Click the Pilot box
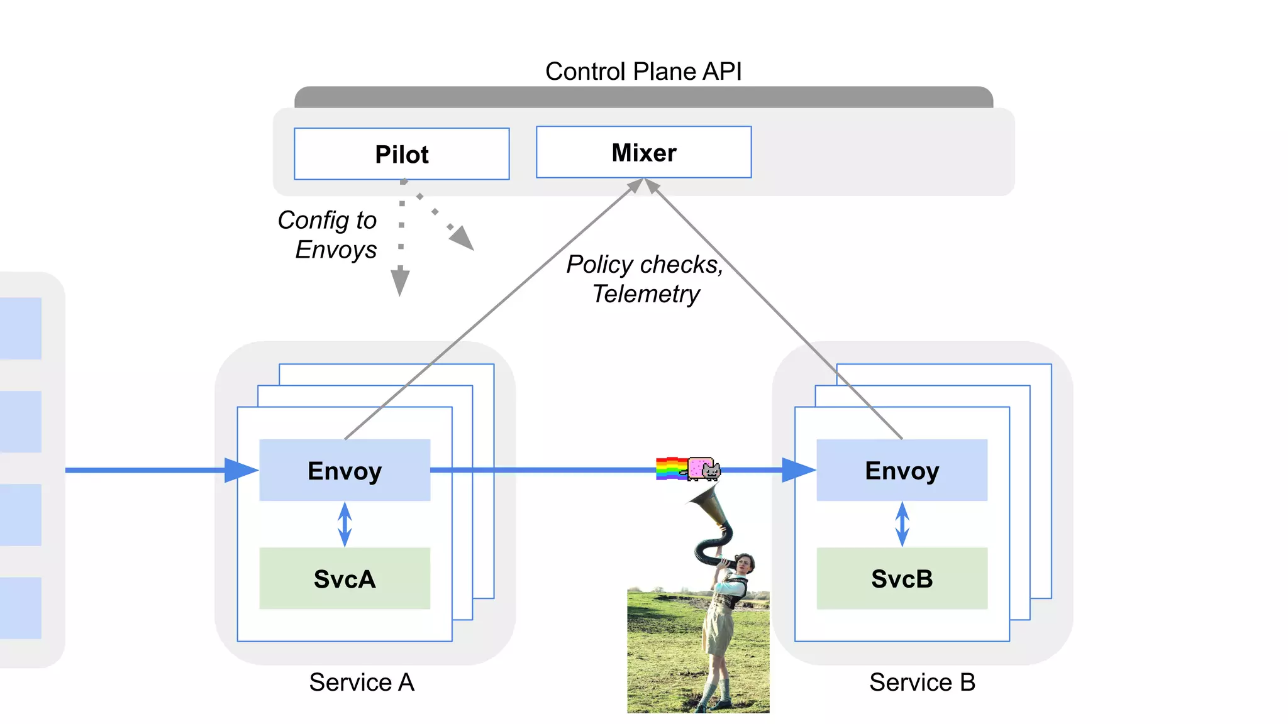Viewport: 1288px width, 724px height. point(401,154)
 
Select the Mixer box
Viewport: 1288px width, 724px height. point(643,152)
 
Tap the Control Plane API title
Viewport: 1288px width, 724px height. point(643,71)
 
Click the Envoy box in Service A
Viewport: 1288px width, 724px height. point(345,470)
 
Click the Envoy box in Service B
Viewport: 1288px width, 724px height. point(902,470)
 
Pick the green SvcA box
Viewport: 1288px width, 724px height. point(345,578)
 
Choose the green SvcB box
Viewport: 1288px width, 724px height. point(902,578)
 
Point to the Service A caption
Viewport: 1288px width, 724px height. point(362,682)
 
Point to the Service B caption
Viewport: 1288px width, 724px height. point(922,682)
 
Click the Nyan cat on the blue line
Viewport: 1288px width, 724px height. point(704,469)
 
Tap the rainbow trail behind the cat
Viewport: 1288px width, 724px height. point(670,469)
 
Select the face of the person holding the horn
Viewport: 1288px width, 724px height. point(743,563)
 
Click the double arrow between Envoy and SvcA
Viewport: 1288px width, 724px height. point(345,524)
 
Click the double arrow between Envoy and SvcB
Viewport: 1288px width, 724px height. point(902,524)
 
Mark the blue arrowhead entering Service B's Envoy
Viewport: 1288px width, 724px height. point(797,469)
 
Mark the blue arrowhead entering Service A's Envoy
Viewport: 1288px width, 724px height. point(240,470)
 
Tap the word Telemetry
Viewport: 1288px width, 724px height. point(646,293)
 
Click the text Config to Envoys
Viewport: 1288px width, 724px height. point(328,234)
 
